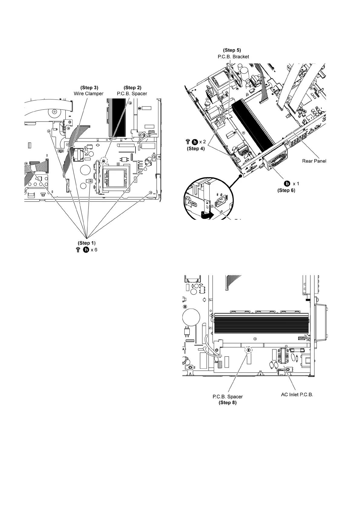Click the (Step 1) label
[x=87, y=243]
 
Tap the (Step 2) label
[x=133, y=88]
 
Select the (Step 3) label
[x=89, y=88]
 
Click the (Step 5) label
[x=232, y=50]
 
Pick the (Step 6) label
[x=286, y=190]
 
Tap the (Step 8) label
[x=227, y=403]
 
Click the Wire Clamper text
[x=89, y=93]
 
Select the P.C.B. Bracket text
[x=233, y=57]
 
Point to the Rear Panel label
[x=314, y=161]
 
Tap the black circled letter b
[x=286, y=183]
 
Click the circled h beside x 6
[x=86, y=250]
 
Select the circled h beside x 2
[x=195, y=141]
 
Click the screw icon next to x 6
[x=78, y=250]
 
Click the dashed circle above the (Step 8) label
[x=248, y=350]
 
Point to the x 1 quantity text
[x=296, y=183]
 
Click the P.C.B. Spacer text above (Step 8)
[x=227, y=397]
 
